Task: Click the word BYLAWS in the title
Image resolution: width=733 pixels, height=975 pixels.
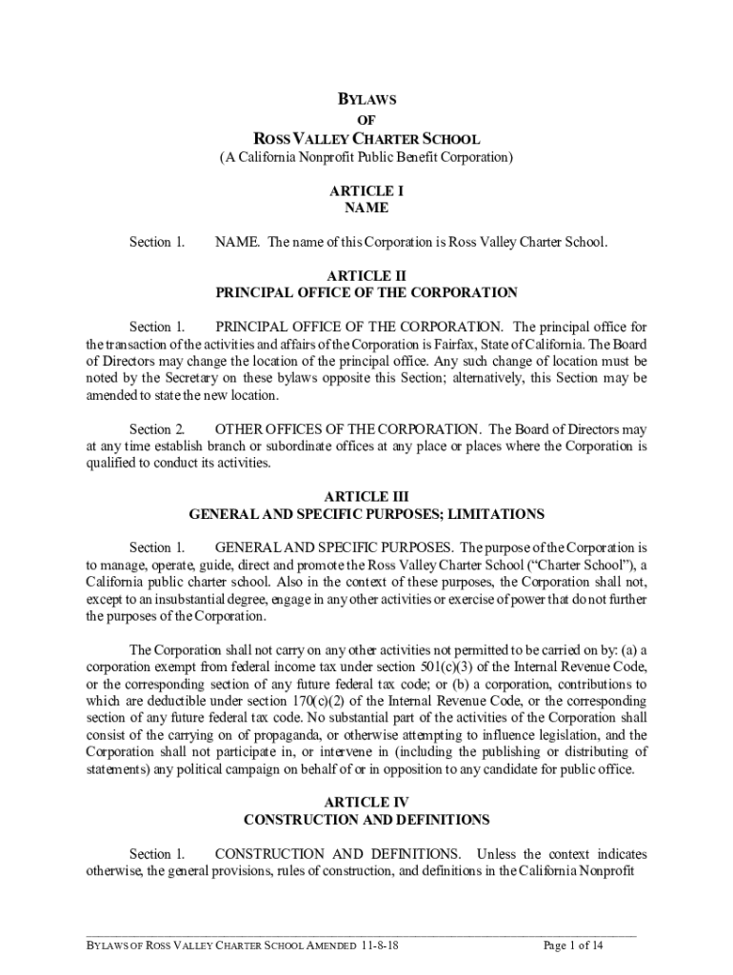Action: pos(367,98)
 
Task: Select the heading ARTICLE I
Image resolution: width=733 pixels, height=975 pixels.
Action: pos(366,190)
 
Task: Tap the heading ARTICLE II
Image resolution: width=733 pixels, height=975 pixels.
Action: pos(366,275)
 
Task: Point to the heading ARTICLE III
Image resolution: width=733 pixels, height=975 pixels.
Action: pos(366,496)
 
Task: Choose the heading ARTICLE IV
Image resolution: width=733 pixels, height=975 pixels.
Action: pos(366,802)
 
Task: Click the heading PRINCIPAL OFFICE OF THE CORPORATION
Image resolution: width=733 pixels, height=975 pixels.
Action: pos(366,292)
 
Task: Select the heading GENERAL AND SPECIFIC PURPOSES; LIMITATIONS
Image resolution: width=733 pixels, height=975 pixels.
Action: pos(366,514)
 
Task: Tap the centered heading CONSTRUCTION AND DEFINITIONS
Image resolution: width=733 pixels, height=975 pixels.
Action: pos(366,819)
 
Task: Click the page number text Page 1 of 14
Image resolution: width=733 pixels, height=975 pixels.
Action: pos(573,945)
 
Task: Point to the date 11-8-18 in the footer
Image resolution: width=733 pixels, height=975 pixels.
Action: pos(380,945)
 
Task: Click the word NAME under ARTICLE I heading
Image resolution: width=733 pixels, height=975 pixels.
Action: pos(366,208)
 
